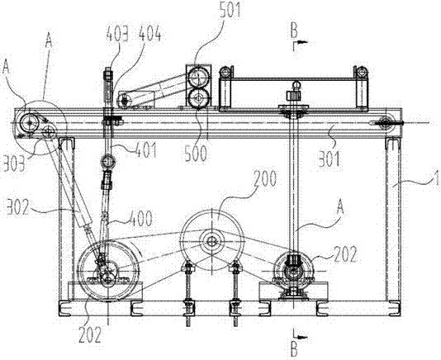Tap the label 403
pyautogui.click(x=117, y=35)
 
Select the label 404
pyautogui.click(x=150, y=35)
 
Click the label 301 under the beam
pyautogui.click(x=329, y=159)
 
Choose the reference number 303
pyautogui.click(x=13, y=164)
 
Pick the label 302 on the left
pyautogui.click(x=18, y=207)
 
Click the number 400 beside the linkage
pyautogui.click(x=140, y=219)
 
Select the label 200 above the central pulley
pyautogui.click(x=265, y=178)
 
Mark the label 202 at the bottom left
pyautogui.click(x=90, y=335)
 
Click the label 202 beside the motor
pyautogui.click(x=345, y=254)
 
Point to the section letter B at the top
pyautogui.click(x=294, y=31)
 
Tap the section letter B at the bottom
pyautogui.click(x=294, y=350)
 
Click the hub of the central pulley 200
pyautogui.click(x=211, y=241)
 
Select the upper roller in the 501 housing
pyautogui.click(x=198, y=76)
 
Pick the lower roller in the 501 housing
pyautogui.click(x=198, y=98)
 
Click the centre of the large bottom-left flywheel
pyautogui.click(x=108, y=271)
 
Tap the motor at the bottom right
pyautogui.click(x=294, y=271)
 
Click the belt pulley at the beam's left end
pyautogui.click(x=29, y=123)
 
